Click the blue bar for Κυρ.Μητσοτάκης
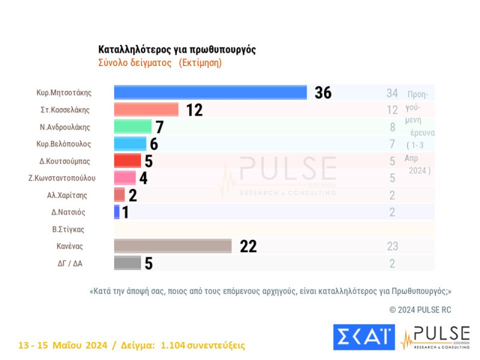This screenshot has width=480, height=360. [210, 92]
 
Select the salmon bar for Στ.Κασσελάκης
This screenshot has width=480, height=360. [146, 110]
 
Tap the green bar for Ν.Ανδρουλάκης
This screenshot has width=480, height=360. [133, 127]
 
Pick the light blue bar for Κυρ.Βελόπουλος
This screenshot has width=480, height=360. [130, 143]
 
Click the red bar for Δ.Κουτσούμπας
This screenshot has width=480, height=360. [127, 161]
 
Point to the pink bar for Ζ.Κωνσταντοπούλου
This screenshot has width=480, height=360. [125, 178]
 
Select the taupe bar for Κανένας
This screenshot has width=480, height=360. [173, 246]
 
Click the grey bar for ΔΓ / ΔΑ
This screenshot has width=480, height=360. [127, 263]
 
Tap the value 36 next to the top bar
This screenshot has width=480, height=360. [323, 93]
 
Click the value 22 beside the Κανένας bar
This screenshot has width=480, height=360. [248, 246]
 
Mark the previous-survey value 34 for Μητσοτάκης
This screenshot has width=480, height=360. [392, 93]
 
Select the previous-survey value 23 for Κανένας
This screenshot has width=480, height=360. [392, 246]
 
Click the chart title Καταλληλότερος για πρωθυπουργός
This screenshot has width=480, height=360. [177, 50]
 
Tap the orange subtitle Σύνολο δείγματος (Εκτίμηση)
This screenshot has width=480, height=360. [160, 63]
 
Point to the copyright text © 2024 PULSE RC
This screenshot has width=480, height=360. [420, 310]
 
